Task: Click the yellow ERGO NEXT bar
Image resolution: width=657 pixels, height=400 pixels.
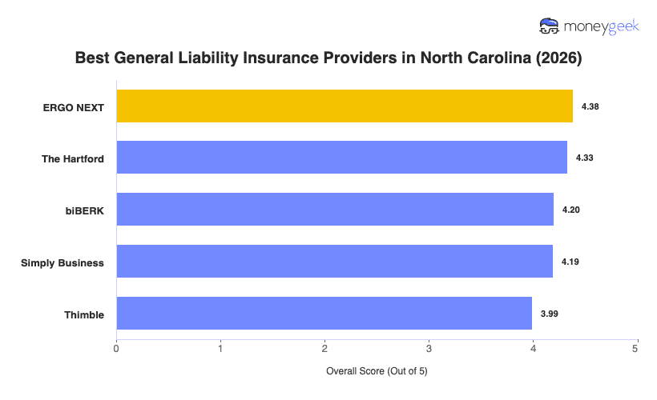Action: (x=345, y=106)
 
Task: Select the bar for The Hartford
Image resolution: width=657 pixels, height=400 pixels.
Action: (x=342, y=158)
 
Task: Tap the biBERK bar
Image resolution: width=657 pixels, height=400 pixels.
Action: (x=335, y=210)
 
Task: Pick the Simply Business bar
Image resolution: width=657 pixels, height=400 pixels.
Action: (x=335, y=262)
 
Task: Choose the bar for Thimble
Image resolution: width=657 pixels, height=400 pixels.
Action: (x=324, y=314)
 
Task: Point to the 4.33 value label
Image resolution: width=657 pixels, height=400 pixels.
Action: (x=584, y=158)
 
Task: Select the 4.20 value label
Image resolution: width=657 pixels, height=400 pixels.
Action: (x=571, y=210)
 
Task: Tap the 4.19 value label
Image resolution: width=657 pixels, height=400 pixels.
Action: (x=570, y=262)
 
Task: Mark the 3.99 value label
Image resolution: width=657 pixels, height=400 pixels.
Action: (x=550, y=314)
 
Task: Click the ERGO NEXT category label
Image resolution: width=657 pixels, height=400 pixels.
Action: (x=74, y=107)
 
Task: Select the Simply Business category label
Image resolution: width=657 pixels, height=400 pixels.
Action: (x=62, y=262)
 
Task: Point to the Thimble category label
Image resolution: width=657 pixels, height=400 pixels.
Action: (x=84, y=314)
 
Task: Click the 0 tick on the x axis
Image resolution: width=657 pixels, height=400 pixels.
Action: (x=117, y=348)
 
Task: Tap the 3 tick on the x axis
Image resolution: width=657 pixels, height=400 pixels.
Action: (x=429, y=348)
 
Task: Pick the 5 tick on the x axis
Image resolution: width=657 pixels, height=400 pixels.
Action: (x=636, y=348)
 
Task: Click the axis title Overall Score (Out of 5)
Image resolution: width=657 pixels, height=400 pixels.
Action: (x=377, y=372)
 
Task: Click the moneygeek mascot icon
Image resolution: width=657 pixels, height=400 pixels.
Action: (x=550, y=26)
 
